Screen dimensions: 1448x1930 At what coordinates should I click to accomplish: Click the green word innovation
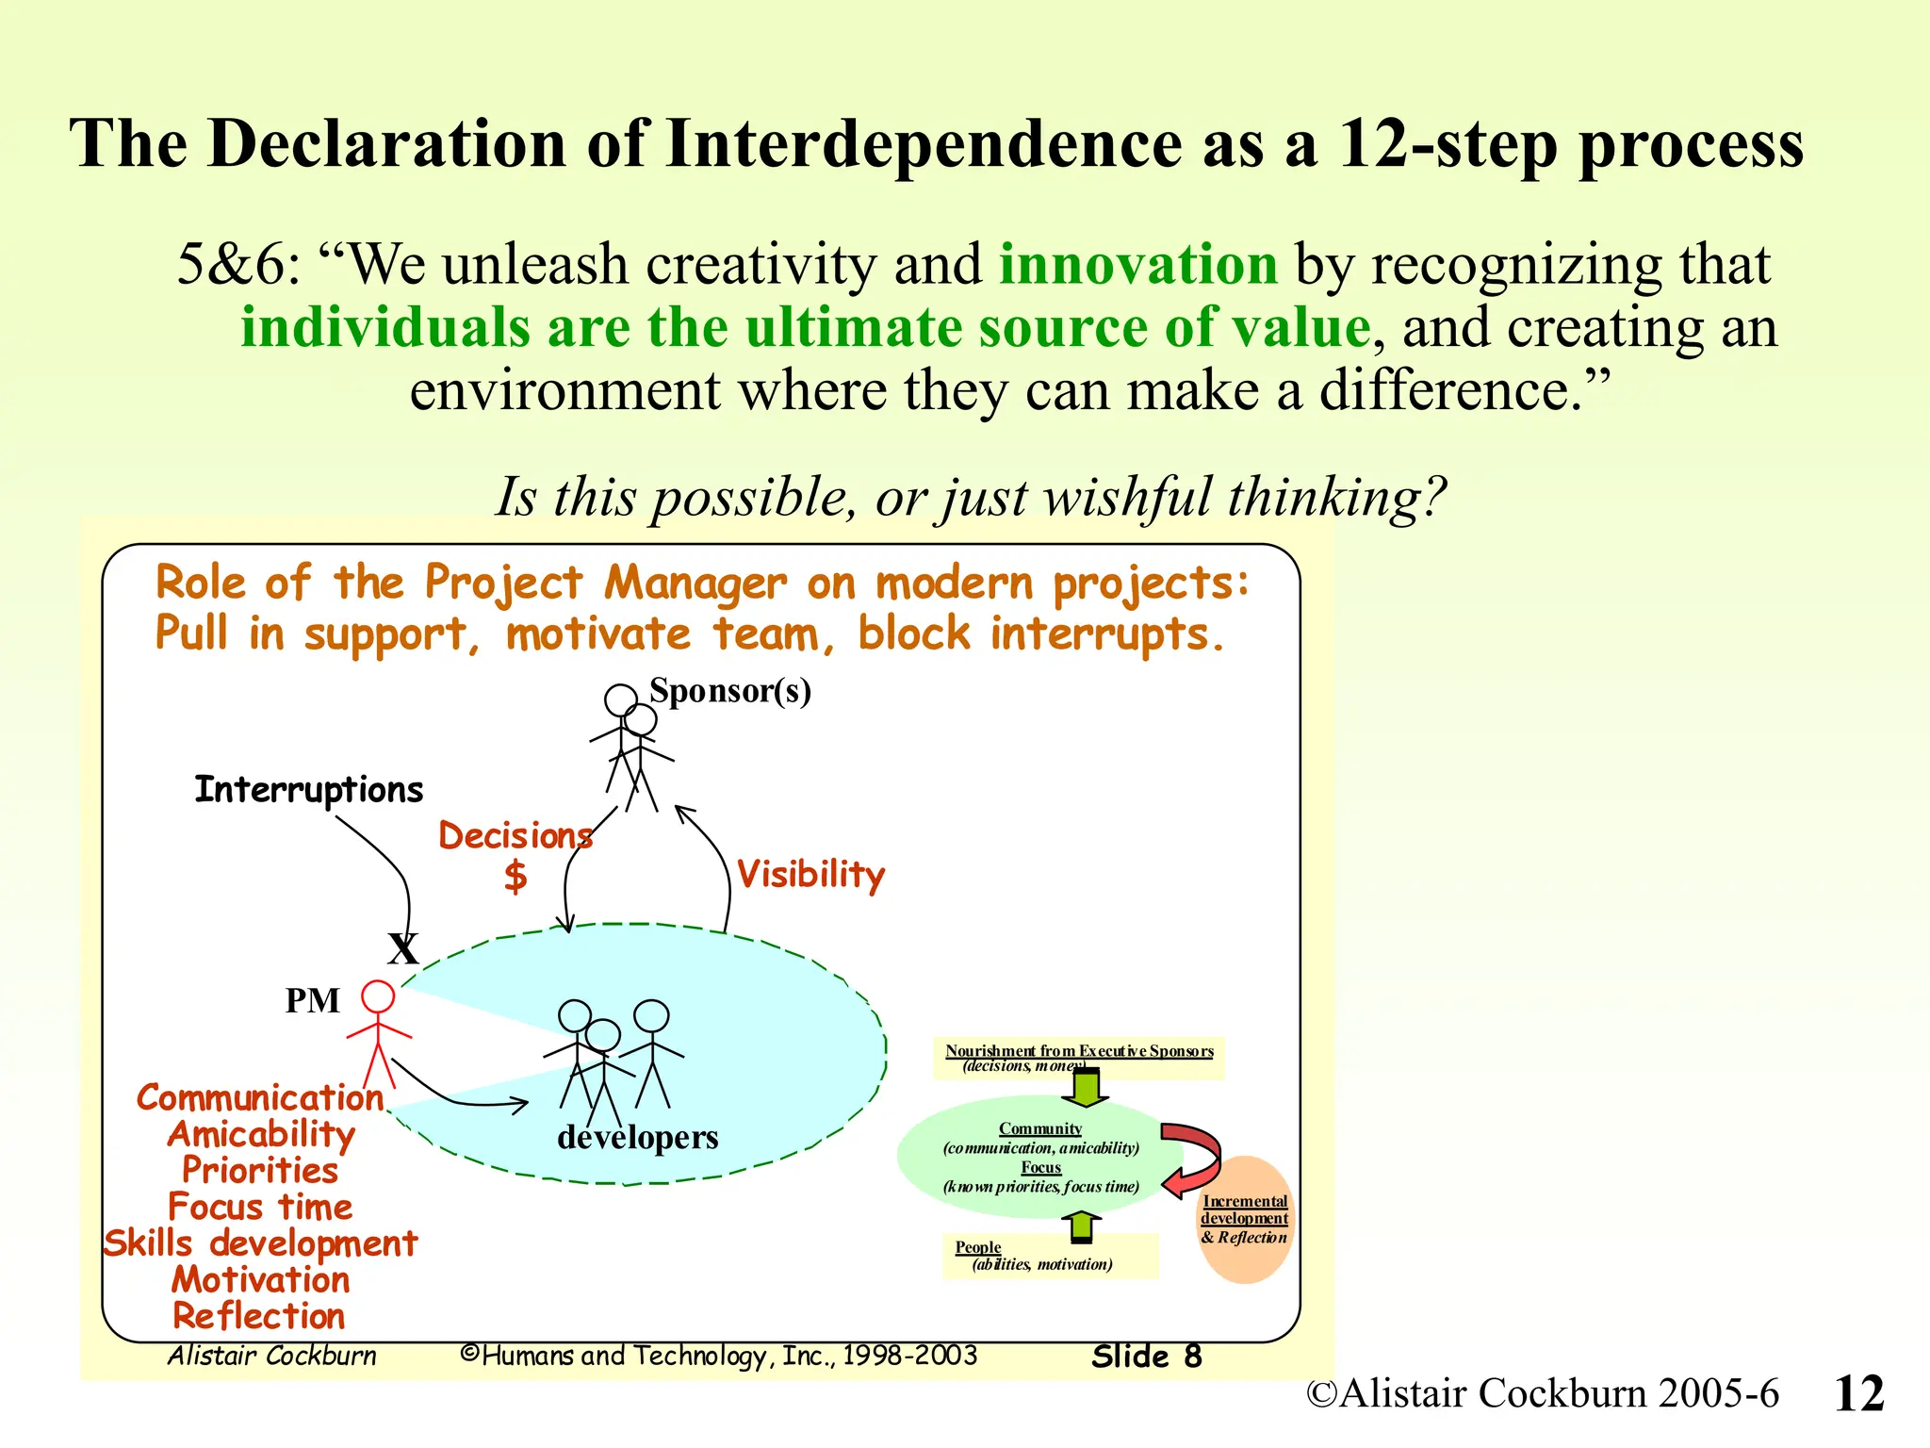(1137, 264)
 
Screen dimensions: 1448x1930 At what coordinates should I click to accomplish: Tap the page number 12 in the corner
(1858, 1393)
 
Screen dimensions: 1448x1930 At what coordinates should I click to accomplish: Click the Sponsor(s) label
(730, 691)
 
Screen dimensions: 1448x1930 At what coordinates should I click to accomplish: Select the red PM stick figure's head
(378, 996)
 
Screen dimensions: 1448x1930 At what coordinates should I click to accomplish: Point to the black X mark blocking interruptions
(403, 948)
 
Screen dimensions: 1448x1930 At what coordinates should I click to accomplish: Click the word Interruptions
(308, 789)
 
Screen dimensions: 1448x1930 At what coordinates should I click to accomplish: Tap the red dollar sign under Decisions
(515, 876)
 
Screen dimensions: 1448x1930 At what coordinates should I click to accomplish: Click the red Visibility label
(810, 874)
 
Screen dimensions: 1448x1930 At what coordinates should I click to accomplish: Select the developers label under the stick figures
(637, 1137)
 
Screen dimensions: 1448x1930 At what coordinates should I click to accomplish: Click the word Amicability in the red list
(261, 1134)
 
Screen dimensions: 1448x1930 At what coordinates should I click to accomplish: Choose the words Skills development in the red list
(260, 1243)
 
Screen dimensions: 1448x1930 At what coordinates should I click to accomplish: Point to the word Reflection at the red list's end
(259, 1316)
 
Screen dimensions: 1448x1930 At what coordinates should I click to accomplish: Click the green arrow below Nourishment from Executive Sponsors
(1086, 1087)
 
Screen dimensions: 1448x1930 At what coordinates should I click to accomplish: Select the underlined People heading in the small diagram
(977, 1247)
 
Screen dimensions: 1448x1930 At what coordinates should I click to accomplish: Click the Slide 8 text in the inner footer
(1146, 1357)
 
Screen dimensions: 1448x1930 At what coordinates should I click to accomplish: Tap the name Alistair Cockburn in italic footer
(272, 1356)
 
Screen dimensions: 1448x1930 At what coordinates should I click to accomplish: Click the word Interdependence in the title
(924, 144)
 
